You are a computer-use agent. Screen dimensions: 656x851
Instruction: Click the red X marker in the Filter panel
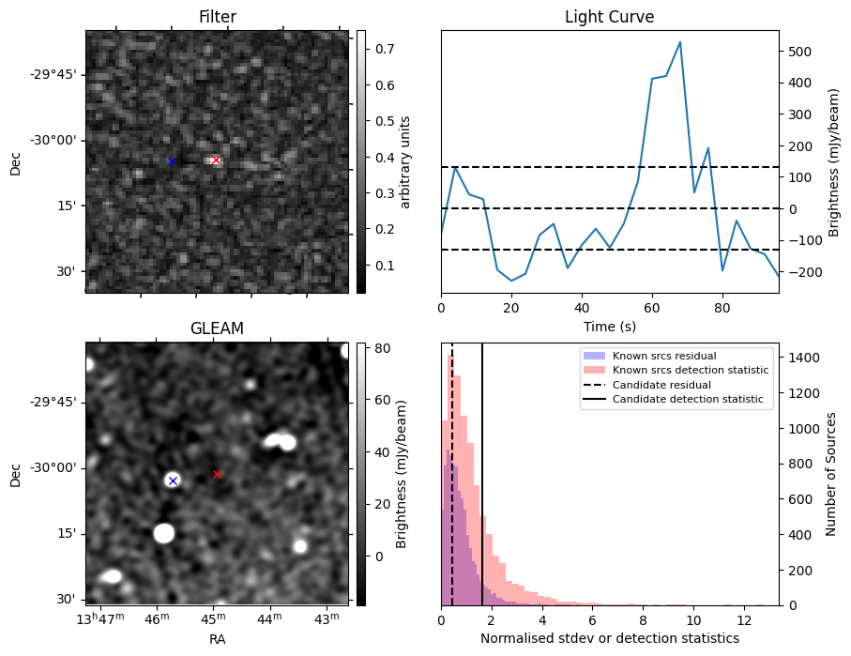coord(217,160)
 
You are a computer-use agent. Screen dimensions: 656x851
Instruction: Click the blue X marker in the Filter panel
coord(172,161)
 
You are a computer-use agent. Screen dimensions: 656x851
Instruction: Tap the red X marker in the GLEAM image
coord(217,474)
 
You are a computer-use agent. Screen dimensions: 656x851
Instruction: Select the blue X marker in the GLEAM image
coord(172,481)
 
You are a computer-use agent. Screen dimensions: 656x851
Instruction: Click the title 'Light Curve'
coord(609,17)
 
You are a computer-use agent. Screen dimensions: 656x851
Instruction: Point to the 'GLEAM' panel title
coord(217,328)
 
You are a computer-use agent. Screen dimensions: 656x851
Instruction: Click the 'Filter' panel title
coord(217,17)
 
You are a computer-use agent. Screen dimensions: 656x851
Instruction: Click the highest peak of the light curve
coord(679,42)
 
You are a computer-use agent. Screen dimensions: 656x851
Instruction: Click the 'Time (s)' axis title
coord(609,326)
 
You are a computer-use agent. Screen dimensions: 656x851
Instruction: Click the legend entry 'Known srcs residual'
coord(663,356)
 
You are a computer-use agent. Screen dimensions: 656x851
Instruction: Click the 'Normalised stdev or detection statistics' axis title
coord(609,638)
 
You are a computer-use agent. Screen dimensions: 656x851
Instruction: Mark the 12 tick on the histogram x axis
coord(743,620)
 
